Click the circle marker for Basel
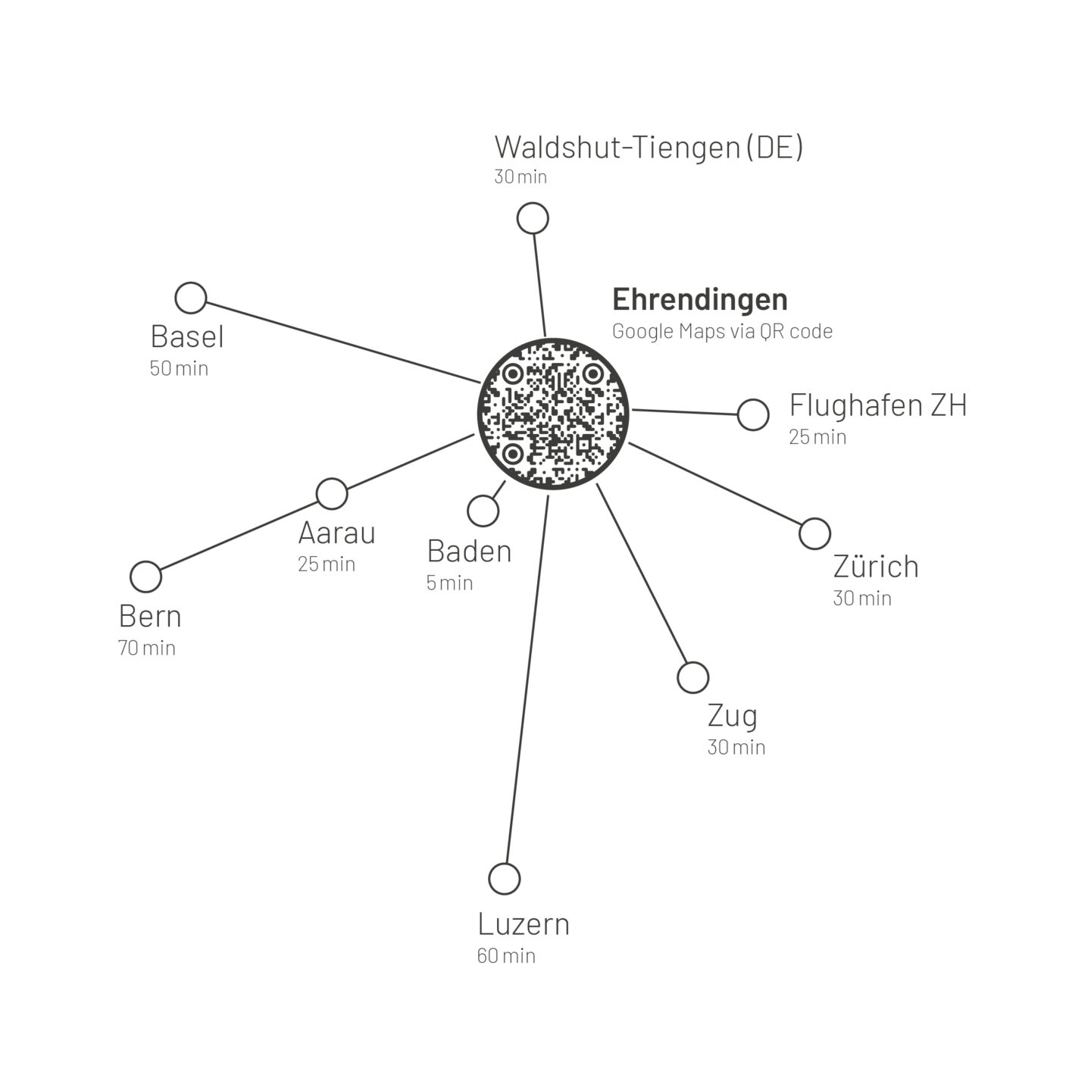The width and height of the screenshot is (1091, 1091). (x=191, y=299)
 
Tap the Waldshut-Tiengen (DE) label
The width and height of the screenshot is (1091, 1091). (x=649, y=147)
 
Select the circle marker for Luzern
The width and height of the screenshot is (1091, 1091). (x=505, y=879)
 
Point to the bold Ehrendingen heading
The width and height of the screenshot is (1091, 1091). (x=700, y=300)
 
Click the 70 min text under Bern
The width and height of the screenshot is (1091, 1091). (x=147, y=649)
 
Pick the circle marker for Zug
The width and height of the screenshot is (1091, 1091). (x=692, y=677)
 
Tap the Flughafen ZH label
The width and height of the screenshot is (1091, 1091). (x=878, y=405)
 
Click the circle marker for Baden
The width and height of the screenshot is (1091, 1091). (x=483, y=511)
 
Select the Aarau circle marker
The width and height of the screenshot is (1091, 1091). (x=332, y=494)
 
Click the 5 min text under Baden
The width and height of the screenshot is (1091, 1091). (x=449, y=583)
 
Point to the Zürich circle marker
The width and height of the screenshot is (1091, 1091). (x=814, y=534)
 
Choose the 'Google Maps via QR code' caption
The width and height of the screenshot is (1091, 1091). (x=722, y=332)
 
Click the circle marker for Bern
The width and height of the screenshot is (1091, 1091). (x=146, y=577)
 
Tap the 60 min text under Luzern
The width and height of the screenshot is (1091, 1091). (x=506, y=956)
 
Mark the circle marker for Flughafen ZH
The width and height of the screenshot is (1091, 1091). (x=753, y=414)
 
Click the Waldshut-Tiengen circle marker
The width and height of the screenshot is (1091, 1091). (x=533, y=219)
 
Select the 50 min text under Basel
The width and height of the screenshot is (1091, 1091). (x=179, y=369)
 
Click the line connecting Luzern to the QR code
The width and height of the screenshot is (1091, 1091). (x=527, y=682)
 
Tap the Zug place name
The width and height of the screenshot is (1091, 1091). (x=732, y=715)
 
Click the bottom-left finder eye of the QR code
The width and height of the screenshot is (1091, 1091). (x=513, y=454)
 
